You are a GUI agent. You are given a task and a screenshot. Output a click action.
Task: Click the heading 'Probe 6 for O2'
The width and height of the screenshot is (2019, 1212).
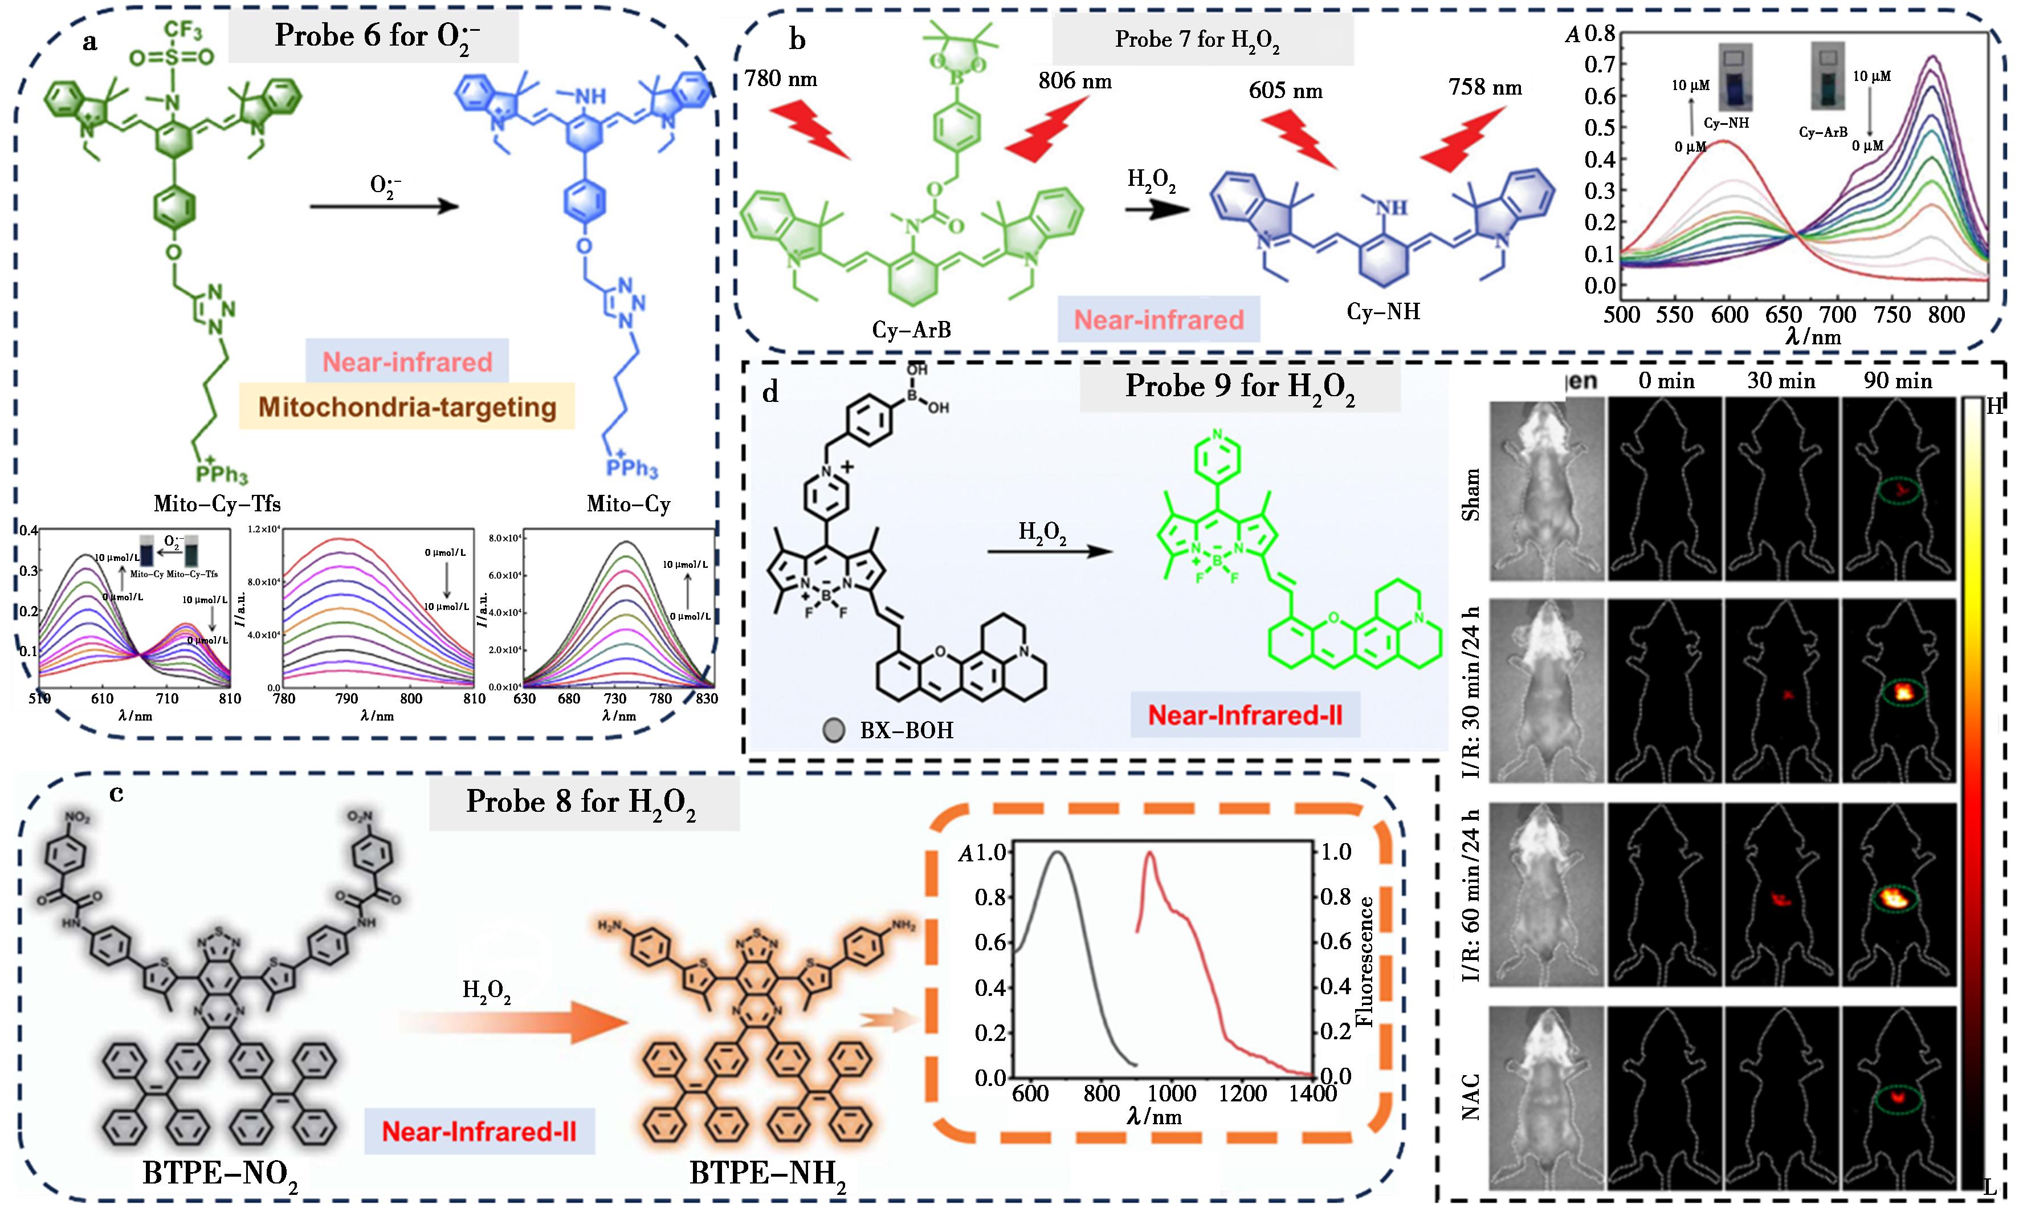coord(373,36)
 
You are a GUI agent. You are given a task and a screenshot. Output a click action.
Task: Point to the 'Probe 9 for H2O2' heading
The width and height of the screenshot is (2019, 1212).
coord(1240,387)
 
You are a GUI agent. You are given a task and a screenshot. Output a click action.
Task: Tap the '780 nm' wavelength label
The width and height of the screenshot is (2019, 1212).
coord(781,79)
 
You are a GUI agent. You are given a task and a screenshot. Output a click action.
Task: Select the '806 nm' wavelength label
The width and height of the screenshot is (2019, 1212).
coord(1074,81)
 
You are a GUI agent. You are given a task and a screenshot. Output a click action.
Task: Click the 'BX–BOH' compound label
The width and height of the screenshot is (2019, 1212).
coord(906,729)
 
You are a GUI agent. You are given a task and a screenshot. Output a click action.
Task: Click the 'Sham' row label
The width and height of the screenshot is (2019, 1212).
coord(1470,494)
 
